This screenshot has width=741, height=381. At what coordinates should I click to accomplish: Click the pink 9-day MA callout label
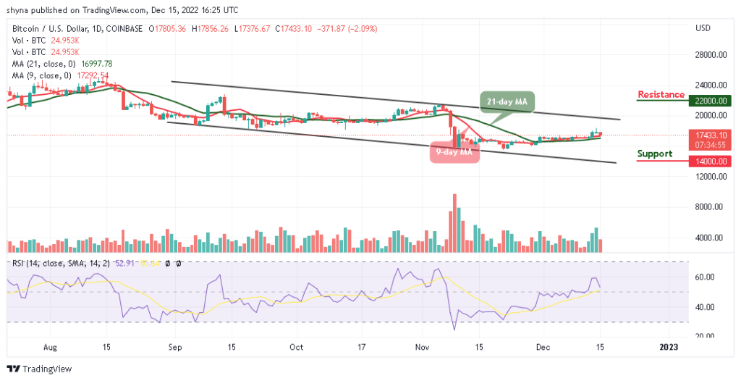(455, 152)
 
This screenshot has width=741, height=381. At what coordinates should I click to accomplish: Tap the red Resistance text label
(661, 95)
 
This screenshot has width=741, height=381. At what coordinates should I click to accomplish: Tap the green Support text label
(654, 154)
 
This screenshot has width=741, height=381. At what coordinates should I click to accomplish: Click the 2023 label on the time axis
(669, 347)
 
